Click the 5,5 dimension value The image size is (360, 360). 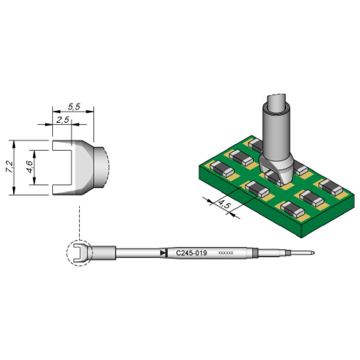[x=73, y=107]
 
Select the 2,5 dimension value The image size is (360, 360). [x=63, y=120]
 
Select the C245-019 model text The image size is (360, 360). [x=191, y=253]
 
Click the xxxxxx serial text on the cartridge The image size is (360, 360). [x=226, y=253]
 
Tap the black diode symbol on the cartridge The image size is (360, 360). [x=164, y=253]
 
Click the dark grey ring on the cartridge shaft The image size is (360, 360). [x=255, y=253]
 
